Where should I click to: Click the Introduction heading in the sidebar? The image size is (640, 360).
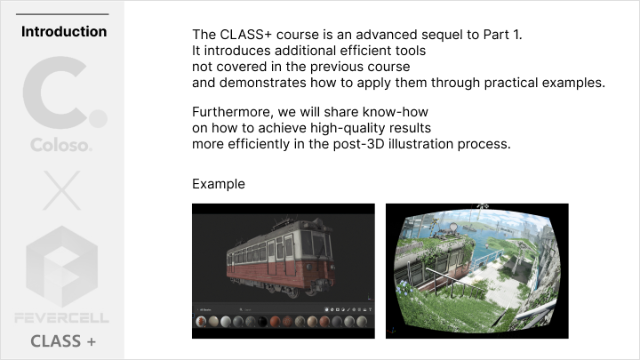(x=63, y=32)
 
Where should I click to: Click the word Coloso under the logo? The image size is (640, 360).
(x=61, y=143)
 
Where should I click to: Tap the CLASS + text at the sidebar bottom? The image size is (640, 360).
(x=63, y=341)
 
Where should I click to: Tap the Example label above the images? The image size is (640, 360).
(x=218, y=184)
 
